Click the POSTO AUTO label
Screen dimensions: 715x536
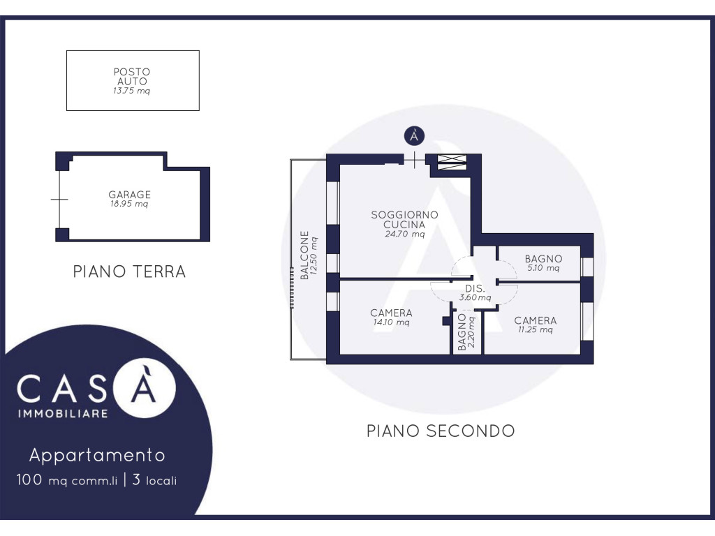click(x=132, y=77)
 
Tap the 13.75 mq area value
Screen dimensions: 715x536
click(x=131, y=91)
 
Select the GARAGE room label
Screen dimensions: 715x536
click(x=129, y=195)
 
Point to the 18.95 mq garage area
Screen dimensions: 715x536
click(x=129, y=204)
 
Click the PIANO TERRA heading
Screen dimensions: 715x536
click(x=129, y=271)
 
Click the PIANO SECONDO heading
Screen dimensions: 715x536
click(x=441, y=431)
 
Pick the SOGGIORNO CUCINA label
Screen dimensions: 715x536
click(x=404, y=220)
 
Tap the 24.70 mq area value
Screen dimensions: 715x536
click(x=404, y=234)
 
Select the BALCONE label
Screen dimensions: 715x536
click(x=304, y=255)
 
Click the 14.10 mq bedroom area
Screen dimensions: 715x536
click(x=391, y=322)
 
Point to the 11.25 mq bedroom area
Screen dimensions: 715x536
click(x=536, y=329)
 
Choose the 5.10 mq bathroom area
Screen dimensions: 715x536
click(x=543, y=268)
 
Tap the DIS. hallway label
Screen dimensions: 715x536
click(x=475, y=288)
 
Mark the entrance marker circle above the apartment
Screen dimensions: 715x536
click(x=415, y=136)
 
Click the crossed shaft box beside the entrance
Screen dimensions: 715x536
click(x=452, y=162)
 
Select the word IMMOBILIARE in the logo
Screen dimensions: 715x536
click(x=62, y=414)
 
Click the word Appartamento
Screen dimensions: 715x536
click(x=97, y=455)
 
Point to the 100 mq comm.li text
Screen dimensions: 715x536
click(x=66, y=480)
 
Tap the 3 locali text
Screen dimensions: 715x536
click(x=154, y=480)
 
